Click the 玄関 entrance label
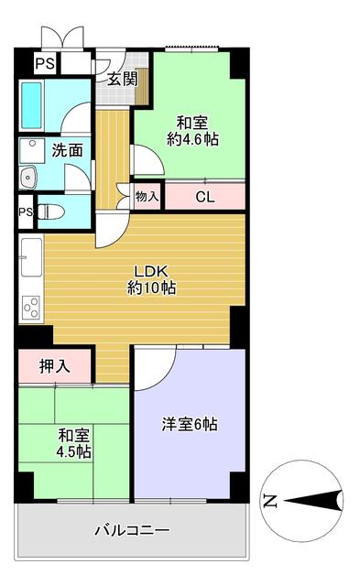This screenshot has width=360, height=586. [x=122, y=79]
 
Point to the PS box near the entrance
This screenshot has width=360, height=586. [x=44, y=63]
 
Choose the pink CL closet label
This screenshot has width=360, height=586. [x=204, y=195]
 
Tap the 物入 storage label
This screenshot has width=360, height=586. [x=147, y=195]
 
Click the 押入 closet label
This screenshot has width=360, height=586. [x=55, y=366]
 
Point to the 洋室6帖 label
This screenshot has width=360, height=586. [x=190, y=424]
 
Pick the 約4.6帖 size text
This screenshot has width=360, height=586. [x=191, y=139]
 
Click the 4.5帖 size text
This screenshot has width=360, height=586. [x=72, y=451]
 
